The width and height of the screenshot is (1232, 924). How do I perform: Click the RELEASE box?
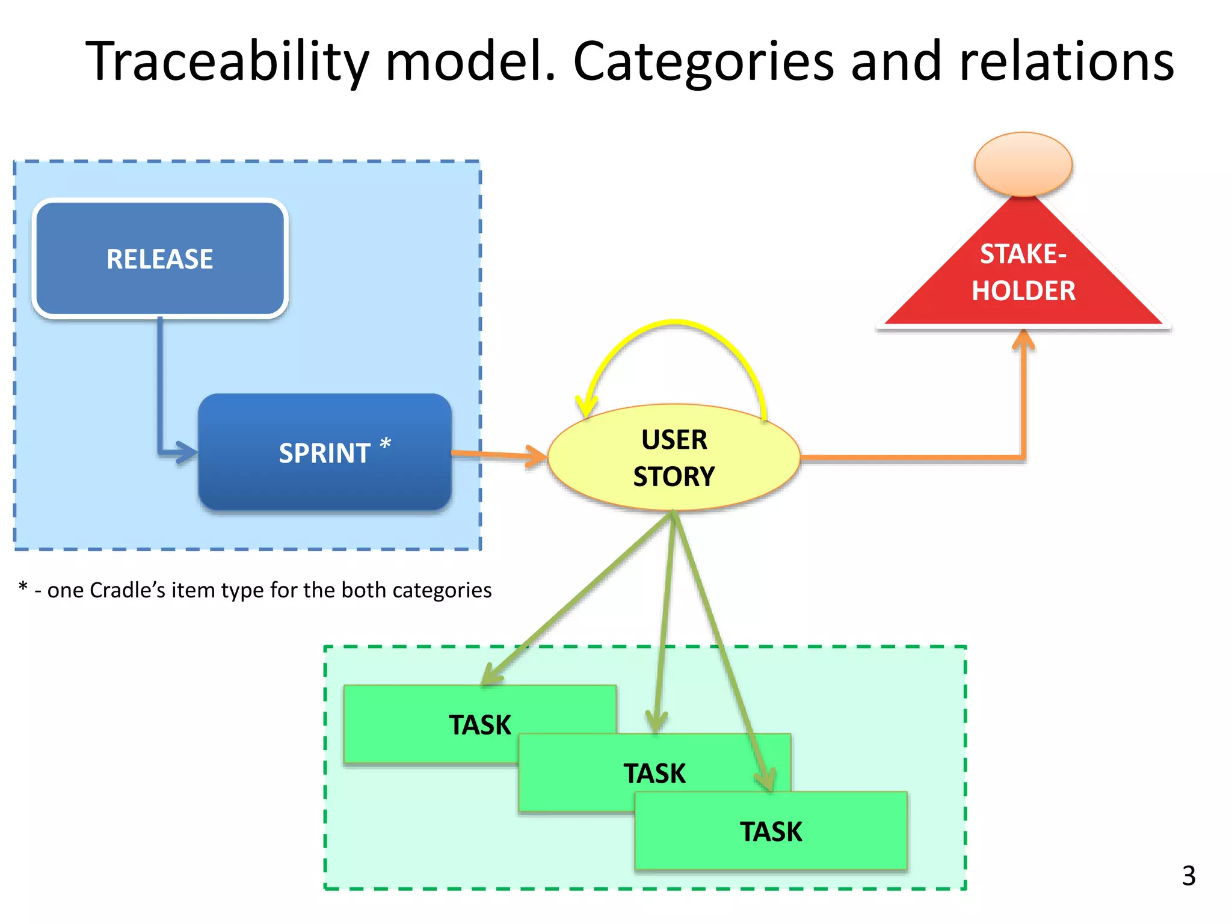[x=159, y=259]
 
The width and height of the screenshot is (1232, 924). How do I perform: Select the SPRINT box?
[x=325, y=452]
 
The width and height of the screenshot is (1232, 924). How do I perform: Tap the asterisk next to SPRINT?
[x=386, y=445]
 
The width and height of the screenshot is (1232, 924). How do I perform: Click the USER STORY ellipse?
[x=674, y=458]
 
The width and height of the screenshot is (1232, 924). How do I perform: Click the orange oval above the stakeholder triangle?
[x=1023, y=164]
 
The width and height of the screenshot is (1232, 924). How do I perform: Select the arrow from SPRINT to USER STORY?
[x=499, y=454]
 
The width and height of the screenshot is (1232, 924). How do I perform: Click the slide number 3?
[x=1189, y=876]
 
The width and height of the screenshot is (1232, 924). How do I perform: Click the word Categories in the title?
[x=704, y=61]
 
